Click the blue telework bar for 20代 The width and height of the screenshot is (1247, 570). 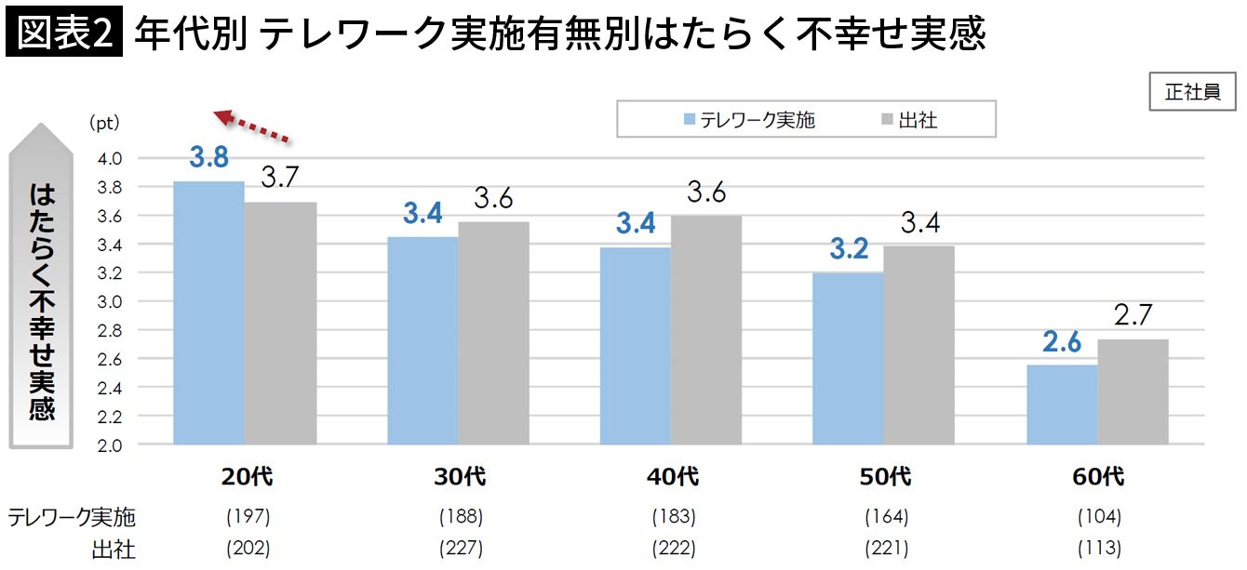click(x=209, y=312)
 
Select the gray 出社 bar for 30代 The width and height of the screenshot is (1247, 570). click(x=494, y=333)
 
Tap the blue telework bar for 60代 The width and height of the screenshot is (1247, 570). click(x=1062, y=404)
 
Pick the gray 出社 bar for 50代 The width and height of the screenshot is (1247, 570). click(x=919, y=345)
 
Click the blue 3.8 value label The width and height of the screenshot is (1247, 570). click(x=208, y=157)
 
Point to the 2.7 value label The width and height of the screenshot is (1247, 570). click(x=1133, y=316)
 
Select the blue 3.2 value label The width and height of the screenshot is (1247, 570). click(x=848, y=249)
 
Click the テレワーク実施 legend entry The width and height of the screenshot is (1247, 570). click(x=748, y=120)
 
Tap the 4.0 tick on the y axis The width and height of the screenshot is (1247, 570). click(x=110, y=159)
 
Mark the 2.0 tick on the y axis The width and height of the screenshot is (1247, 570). click(x=110, y=445)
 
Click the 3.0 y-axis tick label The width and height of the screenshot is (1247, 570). click(x=110, y=302)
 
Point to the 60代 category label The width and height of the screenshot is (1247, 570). click(x=1098, y=478)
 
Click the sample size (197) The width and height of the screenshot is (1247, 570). click(x=248, y=516)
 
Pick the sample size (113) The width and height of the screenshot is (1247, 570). click(x=1098, y=548)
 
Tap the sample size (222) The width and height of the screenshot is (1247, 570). click(x=673, y=548)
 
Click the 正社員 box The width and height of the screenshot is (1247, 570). click(x=1192, y=92)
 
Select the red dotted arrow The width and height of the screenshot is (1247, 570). click(x=252, y=126)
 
